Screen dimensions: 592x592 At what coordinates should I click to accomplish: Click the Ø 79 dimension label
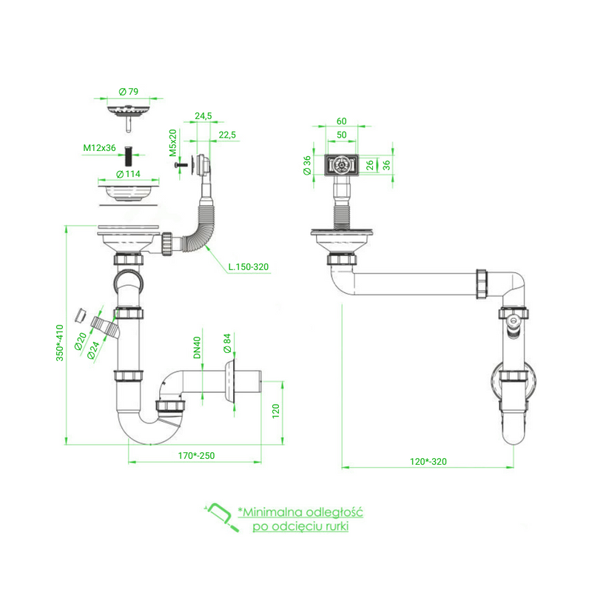tap(129, 92)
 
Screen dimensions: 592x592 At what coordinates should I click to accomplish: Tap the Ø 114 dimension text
tap(129, 174)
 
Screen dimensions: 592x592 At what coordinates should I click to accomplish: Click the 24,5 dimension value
tap(203, 116)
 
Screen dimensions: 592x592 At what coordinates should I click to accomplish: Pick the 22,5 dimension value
tap(226, 134)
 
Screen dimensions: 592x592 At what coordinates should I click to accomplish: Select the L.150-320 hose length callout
tap(248, 266)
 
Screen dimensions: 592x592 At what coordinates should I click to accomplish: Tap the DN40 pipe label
tap(198, 349)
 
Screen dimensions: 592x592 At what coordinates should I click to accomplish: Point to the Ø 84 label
tap(227, 344)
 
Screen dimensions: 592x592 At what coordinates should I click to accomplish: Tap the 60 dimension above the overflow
tap(341, 121)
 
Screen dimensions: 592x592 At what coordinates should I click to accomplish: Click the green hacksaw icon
tap(220, 517)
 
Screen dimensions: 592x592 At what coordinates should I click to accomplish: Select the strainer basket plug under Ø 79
tap(129, 112)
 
